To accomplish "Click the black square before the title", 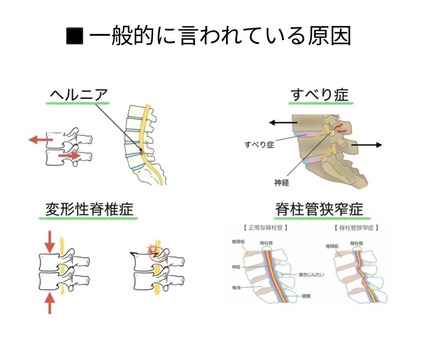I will (74, 36).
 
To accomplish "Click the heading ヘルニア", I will (79, 94).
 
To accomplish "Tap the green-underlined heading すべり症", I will (319, 94).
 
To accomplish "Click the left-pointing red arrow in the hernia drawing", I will (40, 139).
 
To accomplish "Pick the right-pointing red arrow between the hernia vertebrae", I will (69, 155).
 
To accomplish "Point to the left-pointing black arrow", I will (280, 123).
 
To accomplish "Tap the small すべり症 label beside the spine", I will (259, 144).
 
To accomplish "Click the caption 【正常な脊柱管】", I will (266, 228).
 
